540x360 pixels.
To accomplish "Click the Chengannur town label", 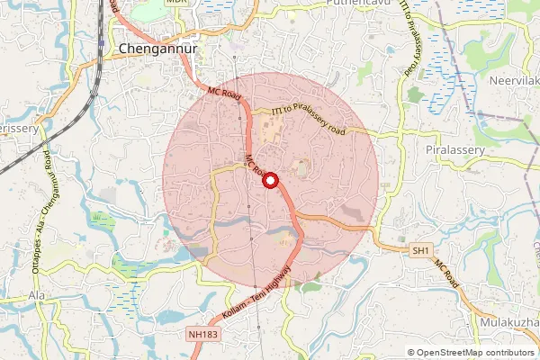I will coord(157,50).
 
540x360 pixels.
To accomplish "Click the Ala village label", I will coord(37,295).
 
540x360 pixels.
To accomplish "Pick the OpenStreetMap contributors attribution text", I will coord(476,353).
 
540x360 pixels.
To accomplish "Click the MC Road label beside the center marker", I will coord(254,166).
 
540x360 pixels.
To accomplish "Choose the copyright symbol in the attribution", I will coord(411,353).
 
